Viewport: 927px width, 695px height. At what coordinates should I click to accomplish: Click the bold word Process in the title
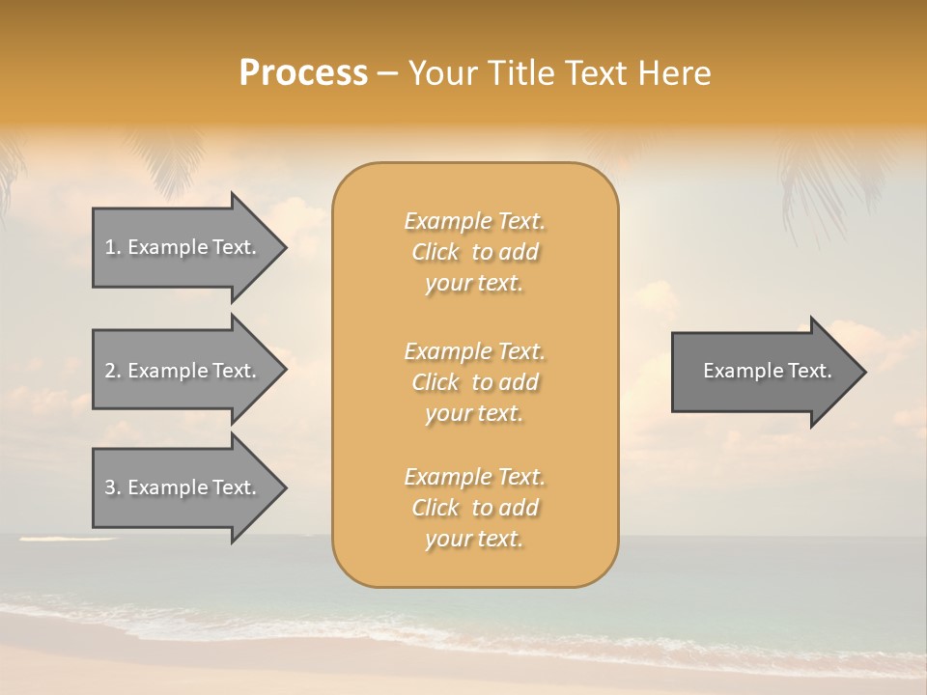click(303, 73)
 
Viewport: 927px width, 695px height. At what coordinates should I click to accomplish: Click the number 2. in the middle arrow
click(113, 371)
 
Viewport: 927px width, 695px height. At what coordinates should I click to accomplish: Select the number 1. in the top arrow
click(113, 247)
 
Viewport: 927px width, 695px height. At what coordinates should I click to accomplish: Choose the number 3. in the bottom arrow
click(113, 487)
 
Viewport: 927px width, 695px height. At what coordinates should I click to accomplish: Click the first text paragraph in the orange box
click(474, 252)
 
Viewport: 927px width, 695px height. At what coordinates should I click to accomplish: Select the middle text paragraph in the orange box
click(474, 382)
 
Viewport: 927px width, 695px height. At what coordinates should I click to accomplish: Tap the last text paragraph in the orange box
click(474, 508)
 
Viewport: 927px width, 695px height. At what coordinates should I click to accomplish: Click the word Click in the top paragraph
click(435, 252)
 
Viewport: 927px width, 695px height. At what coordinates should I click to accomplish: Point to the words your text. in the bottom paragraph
click(474, 539)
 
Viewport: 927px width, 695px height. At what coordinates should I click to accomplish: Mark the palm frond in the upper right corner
click(821, 183)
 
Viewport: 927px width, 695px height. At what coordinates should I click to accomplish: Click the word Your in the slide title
click(445, 73)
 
